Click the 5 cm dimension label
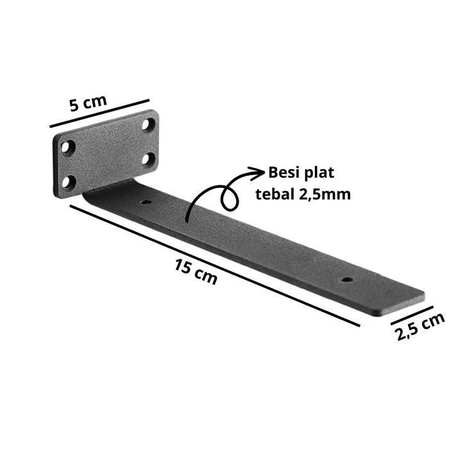(x=89, y=103)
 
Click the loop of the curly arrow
(x=229, y=198)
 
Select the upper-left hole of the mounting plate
(x=67, y=147)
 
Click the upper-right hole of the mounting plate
(x=148, y=124)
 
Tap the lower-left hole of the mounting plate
(x=69, y=182)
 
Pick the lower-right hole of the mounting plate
(x=148, y=158)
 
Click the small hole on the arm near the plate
(x=146, y=203)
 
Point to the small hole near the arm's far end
(x=347, y=280)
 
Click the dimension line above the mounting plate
(x=99, y=113)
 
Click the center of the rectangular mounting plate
(x=107, y=153)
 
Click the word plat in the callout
(x=319, y=173)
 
